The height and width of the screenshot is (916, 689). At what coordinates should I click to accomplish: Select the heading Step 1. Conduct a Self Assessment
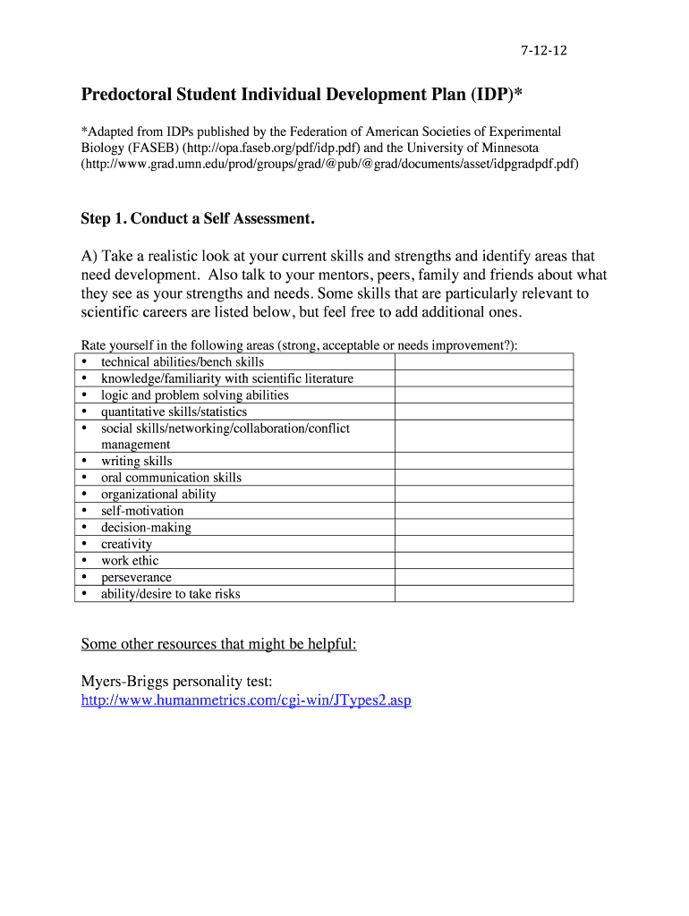point(198,219)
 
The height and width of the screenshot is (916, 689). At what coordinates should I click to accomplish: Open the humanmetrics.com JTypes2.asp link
point(246,700)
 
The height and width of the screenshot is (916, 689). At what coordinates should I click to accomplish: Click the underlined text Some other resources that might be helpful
point(218,644)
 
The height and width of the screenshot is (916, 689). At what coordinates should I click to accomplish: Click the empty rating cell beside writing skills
point(484,461)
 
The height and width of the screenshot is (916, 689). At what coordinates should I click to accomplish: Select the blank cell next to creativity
point(484,544)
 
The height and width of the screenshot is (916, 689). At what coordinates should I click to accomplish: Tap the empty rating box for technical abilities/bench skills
point(484,361)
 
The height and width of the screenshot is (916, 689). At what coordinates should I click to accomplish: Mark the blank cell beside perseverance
point(484,577)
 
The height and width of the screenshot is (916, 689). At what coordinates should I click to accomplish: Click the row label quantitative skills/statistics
point(174,411)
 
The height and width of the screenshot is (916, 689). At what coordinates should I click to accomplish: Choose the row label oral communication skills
point(171,478)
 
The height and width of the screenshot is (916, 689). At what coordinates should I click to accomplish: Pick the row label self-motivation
point(142,511)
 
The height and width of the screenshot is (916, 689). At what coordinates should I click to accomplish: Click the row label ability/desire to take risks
point(170,594)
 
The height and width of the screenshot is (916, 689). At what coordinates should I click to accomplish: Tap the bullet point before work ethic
point(84,561)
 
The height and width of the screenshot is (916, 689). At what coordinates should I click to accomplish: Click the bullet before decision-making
point(84,528)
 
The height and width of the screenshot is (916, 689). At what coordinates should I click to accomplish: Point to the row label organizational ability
point(158,494)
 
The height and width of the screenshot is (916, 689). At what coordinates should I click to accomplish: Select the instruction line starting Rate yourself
point(299,345)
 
